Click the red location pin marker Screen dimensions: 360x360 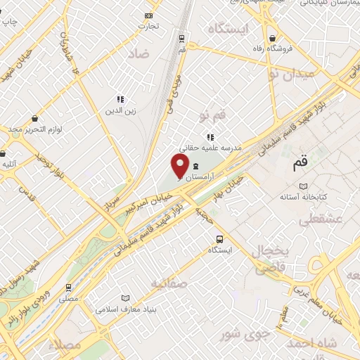coord(180,166)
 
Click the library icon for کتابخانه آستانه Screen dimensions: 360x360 coord(303,186)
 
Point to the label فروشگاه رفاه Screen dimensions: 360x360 coord(272,49)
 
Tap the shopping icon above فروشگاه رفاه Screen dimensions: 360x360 coord(272,38)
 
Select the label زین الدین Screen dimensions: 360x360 coord(120,110)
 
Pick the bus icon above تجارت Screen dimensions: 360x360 coord(148,15)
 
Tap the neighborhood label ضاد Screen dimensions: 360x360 coord(139,53)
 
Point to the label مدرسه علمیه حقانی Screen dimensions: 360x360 coord(212,148)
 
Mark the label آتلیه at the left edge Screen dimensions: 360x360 coord(8,165)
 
